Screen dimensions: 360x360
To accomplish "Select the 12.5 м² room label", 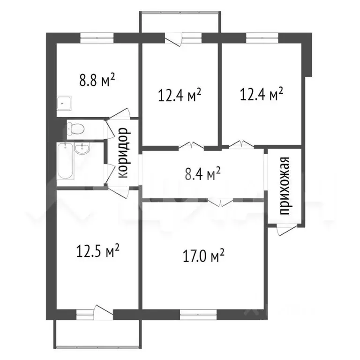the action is point(98,251).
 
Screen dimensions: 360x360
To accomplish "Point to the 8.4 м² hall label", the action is point(202,174).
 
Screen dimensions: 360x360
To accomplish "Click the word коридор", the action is point(124,153).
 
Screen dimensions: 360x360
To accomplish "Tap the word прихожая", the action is point(285,186).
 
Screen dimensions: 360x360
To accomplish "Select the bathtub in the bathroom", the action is point(66,161).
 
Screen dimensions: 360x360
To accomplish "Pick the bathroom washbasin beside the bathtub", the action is point(82,149).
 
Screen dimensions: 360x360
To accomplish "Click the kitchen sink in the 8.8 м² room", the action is point(64,103).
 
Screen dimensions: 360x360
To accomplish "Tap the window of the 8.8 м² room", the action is point(97,38).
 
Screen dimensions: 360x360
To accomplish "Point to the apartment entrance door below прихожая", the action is point(286,230).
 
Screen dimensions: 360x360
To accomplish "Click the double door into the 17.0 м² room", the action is point(220,202).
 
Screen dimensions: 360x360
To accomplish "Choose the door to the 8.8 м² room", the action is point(120,113).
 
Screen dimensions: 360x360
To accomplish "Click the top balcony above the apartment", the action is point(180,22).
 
